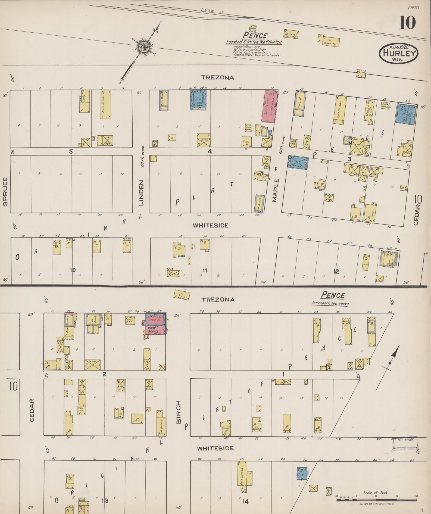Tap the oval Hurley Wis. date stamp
398,53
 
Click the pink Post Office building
155,330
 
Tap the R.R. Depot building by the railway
291,33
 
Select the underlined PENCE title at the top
255,35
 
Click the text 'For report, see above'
330,304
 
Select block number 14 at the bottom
245,501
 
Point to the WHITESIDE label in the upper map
210,225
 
